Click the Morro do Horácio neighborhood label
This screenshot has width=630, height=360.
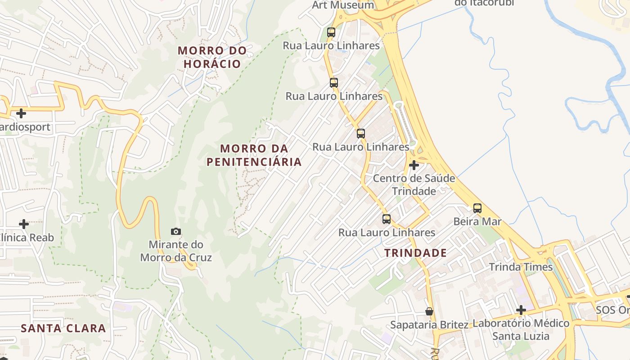(x=212, y=57)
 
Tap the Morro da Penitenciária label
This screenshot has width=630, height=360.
(x=254, y=155)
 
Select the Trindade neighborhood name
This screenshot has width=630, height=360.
(x=416, y=253)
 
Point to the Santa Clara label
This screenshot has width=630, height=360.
(x=63, y=328)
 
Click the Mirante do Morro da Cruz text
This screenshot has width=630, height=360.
(x=176, y=251)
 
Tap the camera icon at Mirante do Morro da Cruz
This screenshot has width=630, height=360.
(x=176, y=232)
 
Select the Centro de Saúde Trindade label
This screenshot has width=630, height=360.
(x=414, y=184)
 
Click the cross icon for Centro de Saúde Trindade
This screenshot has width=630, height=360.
(x=414, y=165)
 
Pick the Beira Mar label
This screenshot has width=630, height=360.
(x=477, y=221)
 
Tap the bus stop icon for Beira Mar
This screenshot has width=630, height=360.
(x=477, y=208)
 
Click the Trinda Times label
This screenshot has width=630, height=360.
(x=521, y=267)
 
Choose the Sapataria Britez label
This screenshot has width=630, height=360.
(x=429, y=324)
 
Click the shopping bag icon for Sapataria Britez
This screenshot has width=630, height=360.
(x=429, y=311)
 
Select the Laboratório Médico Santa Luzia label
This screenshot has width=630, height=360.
(x=521, y=329)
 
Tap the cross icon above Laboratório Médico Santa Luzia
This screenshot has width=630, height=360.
(x=521, y=310)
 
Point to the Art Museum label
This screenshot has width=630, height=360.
(x=343, y=5)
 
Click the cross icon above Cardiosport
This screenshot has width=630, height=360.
(x=21, y=113)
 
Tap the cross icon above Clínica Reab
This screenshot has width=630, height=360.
(x=24, y=224)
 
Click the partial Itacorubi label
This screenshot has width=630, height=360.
(x=484, y=3)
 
